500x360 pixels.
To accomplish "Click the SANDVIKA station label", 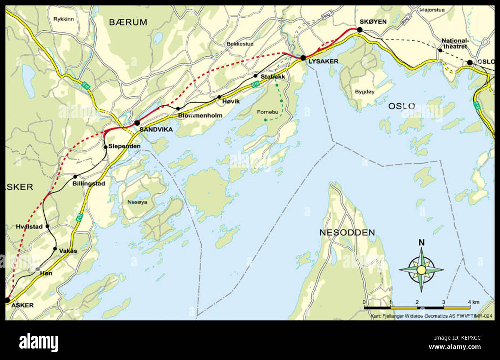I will coord(156,130).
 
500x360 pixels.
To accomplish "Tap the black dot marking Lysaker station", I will coord(303,58).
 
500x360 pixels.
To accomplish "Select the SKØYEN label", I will coord(373,22).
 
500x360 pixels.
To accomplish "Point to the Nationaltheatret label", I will coord(454,43).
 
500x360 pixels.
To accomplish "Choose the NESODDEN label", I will coord(347,232).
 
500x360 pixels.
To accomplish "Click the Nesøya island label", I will coord(137,202).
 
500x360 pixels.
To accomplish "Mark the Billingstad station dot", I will coord(75,177).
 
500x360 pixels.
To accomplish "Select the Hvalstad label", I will coord(29,227).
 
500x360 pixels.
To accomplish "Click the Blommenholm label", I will coord(200,115).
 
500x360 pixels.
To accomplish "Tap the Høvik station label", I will coord(231,101).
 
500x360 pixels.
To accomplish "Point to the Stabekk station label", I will coord(273,77).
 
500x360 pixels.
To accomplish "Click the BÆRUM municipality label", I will coord(128,22).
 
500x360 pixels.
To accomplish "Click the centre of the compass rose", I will coord(422,270).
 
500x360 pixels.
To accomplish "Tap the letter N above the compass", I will coord(422,242).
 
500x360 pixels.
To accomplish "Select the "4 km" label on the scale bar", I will coord(473,302).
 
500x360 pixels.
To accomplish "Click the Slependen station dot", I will coord(105,147).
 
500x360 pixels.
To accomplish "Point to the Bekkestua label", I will coord(240,44).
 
